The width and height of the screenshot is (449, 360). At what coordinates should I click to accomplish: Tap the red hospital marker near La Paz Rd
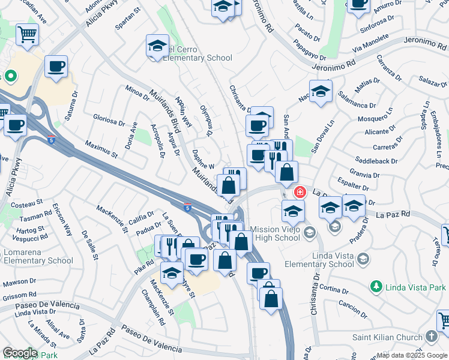coord(299,193)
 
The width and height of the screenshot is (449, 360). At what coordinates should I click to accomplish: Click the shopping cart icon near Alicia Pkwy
coord(28,34)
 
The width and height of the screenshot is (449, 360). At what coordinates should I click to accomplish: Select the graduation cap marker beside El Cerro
coord(157,46)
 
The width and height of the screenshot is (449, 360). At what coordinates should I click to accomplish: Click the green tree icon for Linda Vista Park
coord(376,287)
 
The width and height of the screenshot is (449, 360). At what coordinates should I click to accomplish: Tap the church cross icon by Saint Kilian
coord(432,337)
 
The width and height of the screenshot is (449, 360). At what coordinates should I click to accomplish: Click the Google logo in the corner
coord(19,353)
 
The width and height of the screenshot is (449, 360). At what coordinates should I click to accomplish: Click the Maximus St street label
coord(101,150)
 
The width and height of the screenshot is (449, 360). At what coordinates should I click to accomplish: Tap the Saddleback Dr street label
coord(376,161)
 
